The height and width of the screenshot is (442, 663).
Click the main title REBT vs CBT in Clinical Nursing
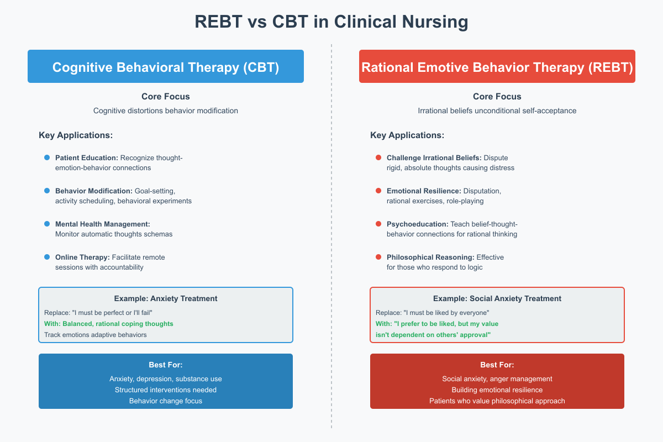coord(331,22)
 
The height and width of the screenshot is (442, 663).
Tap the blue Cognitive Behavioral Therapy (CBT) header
coord(166,67)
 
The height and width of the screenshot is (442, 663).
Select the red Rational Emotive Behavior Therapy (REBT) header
coord(497,67)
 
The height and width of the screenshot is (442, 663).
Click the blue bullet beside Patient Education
coord(47,158)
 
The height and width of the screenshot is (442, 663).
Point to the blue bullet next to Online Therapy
coord(47,257)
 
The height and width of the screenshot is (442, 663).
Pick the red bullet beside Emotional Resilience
coord(378,191)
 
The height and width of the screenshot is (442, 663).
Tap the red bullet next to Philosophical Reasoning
coord(378,257)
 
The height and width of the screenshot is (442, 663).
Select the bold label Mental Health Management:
coord(103,224)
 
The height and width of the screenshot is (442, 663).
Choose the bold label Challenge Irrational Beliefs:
coord(434,158)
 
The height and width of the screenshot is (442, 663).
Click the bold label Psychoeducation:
coord(417,224)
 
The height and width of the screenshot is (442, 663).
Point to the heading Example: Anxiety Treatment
coord(166,298)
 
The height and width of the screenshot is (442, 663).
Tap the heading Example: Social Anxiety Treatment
coord(497,298)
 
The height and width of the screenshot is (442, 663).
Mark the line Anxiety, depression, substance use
coord(166,379)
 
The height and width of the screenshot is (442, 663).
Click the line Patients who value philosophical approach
coord(497,401)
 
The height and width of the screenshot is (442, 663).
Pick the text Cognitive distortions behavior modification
coord(166,111)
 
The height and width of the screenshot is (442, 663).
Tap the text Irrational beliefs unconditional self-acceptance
coord(497,111)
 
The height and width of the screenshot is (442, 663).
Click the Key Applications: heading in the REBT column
coord(407,135)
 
